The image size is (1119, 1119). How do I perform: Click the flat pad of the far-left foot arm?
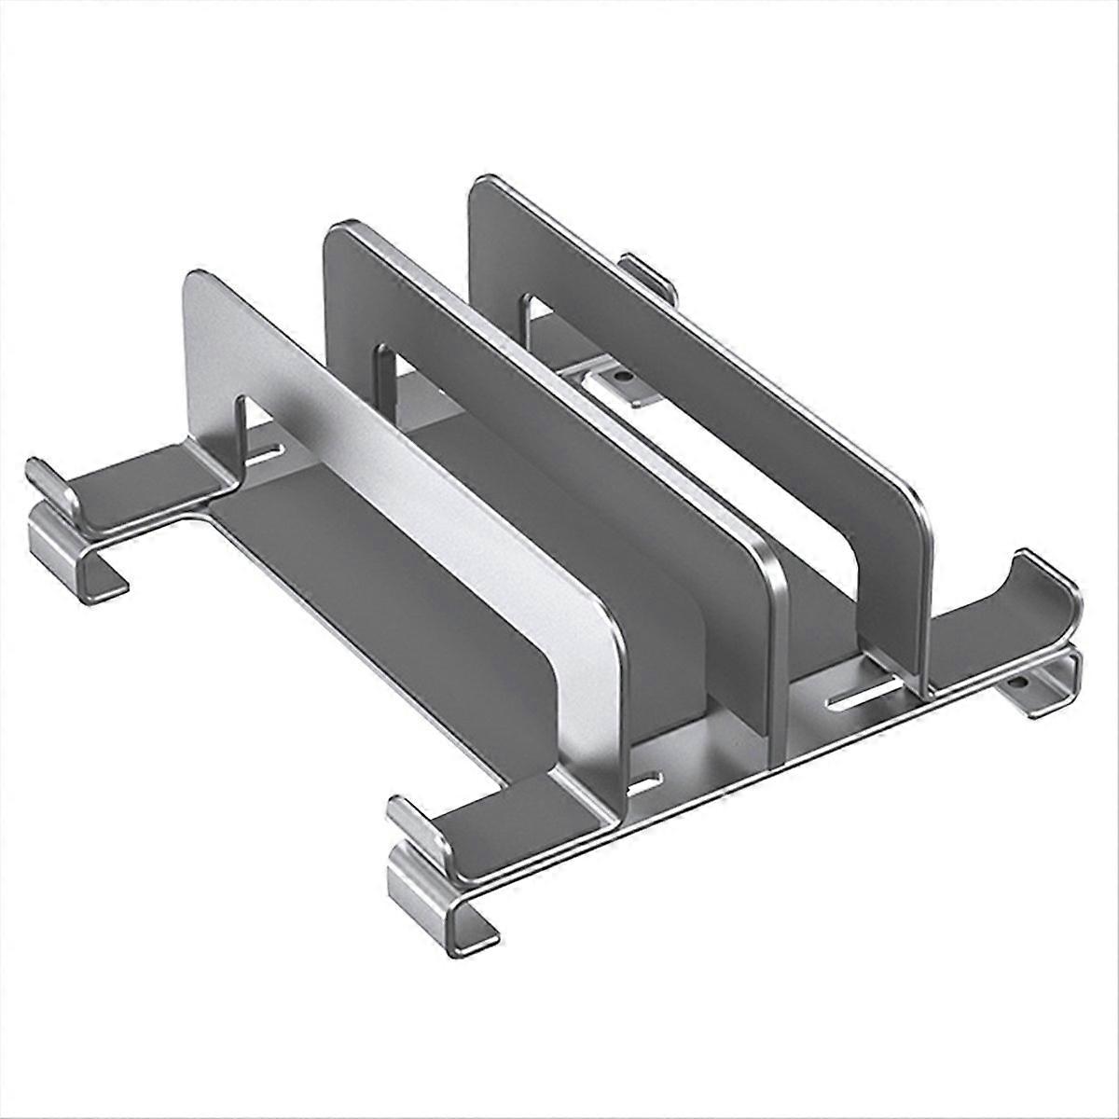tap(140, 485)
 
